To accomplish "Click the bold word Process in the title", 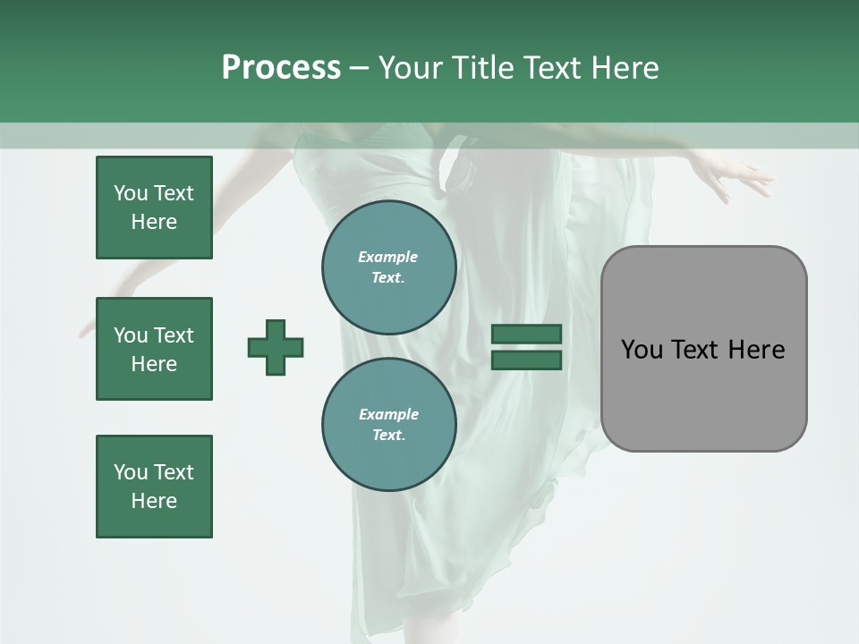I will tap(281, 68).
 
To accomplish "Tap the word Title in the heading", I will tap(484, 68).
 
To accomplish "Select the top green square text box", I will tap(154, 208).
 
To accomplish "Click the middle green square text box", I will tap(154, 349).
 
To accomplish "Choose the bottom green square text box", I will tap(154, 487).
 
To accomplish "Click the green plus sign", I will tap(276, 347).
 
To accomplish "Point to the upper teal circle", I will tap(388, 267).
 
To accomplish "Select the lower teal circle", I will tap(388, 425).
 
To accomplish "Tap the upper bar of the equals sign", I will tap(526, 335).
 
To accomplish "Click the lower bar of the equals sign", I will tap(526, 360).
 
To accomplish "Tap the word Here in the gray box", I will tap(756, 350).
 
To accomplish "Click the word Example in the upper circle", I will tap(388, 257).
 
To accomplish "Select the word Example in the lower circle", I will tap(388, 414).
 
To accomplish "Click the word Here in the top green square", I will tap(154, 222).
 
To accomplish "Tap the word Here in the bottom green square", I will tap(154, 501).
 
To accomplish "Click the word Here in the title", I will tap(624, 68).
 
